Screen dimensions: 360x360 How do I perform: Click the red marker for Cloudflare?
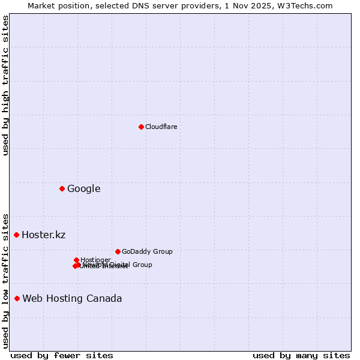(x=141, y=127)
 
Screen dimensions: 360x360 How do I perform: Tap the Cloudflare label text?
(x=161, y=127)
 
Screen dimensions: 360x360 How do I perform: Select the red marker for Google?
(x=62, y=189)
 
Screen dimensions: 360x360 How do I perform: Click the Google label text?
(x=83, y=189)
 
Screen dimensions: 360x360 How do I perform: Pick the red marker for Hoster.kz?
(x=17, y=235)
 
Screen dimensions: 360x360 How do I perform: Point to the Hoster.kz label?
(x=43, y=235)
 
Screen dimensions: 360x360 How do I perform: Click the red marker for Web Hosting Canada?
(x=17, y=298)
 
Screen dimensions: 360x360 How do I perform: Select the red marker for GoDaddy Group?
(x=118, y=251)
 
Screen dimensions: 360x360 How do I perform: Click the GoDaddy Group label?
(x=147, y=251)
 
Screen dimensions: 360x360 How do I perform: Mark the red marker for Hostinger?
(x=77, y=260)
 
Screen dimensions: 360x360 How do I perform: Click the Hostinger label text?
(x=95, y=260)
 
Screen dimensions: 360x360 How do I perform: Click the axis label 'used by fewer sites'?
(x=62, y=355)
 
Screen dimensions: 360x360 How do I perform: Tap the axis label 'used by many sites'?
(x=301, y=355)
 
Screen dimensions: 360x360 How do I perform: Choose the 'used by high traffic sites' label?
(x=5, y=85)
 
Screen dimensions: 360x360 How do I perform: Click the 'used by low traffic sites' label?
(x=5, y=280)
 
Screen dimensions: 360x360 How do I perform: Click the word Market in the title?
(x=43, y=5)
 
